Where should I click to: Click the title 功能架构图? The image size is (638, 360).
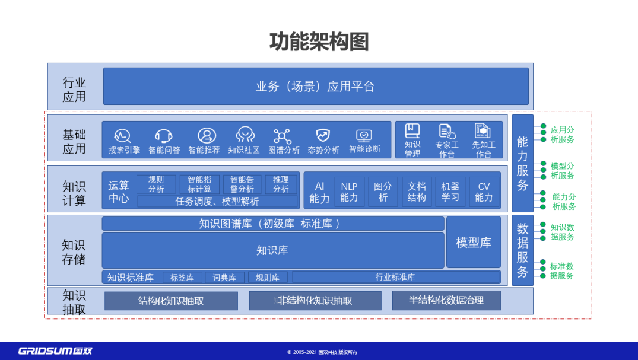(319, 42)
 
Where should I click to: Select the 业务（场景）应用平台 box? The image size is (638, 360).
(316, 87)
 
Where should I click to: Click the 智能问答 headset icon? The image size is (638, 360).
(164, 136)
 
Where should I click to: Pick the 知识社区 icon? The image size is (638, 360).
(245, 135)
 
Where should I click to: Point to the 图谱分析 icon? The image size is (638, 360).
(283, 136)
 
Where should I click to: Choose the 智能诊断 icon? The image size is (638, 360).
(364, 135)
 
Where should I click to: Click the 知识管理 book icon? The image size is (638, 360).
(412, 131)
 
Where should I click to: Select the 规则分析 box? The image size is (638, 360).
(156, 184)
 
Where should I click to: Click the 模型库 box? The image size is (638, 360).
(473, 242)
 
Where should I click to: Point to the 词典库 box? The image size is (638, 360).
(224, 277)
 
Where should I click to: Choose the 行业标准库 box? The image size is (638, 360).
(395, 277)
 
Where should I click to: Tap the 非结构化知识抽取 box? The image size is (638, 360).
(315, 301)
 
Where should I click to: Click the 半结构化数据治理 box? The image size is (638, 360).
(446, 300)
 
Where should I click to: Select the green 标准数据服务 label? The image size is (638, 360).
(561, 271)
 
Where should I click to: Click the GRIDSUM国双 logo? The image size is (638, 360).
(55, 350)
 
